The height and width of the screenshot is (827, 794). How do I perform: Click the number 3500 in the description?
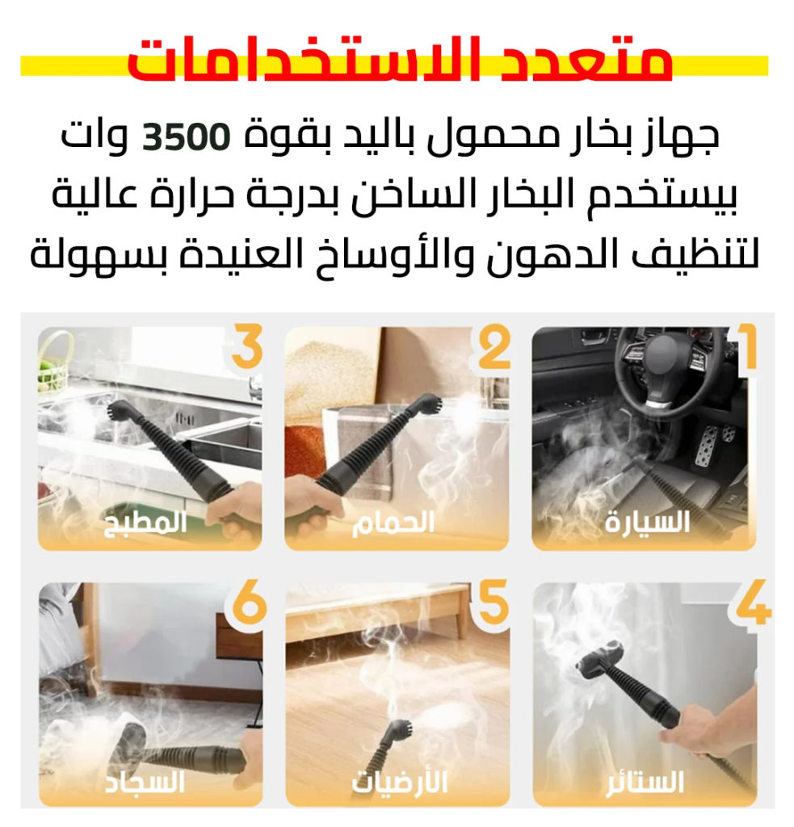187,136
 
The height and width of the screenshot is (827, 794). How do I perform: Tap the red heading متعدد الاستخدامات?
400,59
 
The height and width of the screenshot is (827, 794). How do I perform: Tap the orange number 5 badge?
494,602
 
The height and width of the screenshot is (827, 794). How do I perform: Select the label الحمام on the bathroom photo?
393,523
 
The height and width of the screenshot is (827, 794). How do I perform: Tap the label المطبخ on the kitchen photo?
145,523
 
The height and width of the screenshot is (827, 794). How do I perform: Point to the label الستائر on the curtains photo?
645,782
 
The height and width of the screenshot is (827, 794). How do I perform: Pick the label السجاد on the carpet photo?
145,782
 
